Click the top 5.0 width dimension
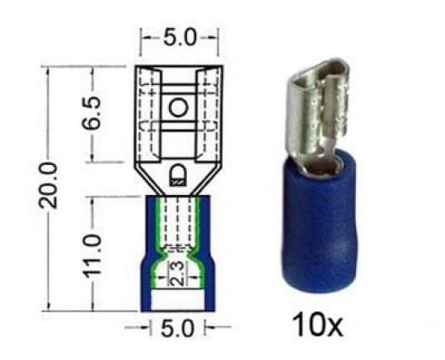click(180, 38)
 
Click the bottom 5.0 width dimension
click(177, 328)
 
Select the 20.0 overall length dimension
click(49, 185)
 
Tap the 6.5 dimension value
click(92, 113)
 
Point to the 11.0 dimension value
click(91, 256)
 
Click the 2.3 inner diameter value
click(178, 273)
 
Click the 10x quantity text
click(318, 324)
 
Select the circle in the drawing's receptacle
click(179, 108)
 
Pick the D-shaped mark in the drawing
click(178, 176)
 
